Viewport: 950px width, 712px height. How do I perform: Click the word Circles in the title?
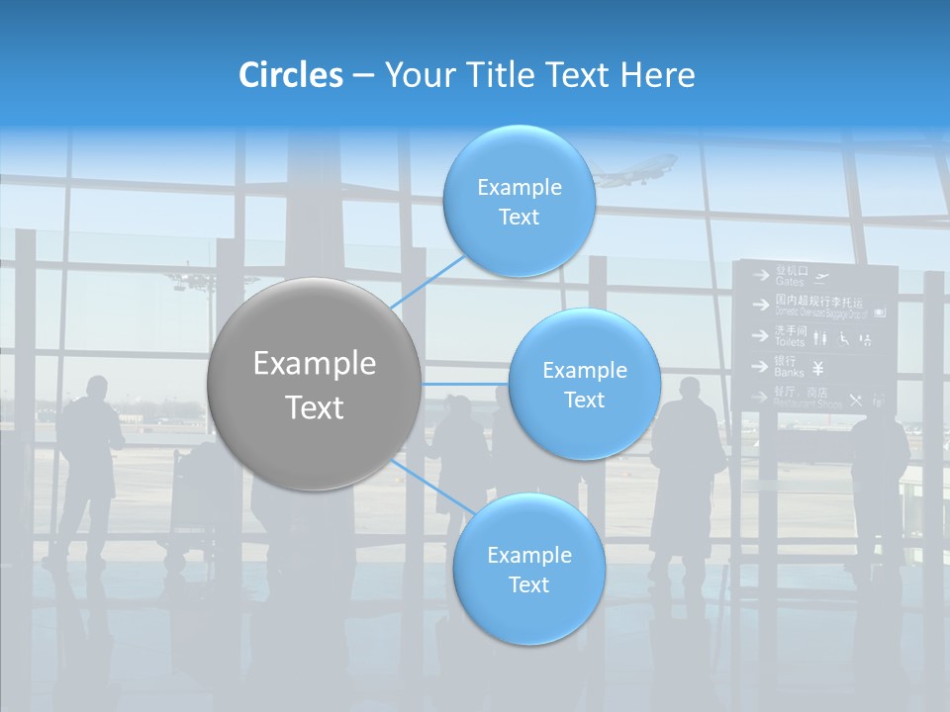[291, 75]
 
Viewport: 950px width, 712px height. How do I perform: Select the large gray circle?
[315, 385]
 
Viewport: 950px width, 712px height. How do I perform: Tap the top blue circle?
[519, 202]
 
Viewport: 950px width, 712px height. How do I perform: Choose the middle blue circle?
[584, 385]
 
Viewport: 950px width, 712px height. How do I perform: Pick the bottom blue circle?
[528, 570]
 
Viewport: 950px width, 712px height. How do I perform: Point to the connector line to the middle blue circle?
[465, 384]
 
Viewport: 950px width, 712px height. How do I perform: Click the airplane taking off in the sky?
[633, 170]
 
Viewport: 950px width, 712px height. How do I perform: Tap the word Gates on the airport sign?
[789, 282]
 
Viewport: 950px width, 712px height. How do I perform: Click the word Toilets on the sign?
[790, 341]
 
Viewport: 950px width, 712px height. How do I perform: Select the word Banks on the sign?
[789, 373]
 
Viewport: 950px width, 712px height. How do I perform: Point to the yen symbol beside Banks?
[818, 369]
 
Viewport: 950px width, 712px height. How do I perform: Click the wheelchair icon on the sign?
[844, 338]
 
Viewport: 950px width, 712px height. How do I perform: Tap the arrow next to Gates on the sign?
[760, 276]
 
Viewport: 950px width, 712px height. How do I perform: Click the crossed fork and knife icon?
[855, 400]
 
